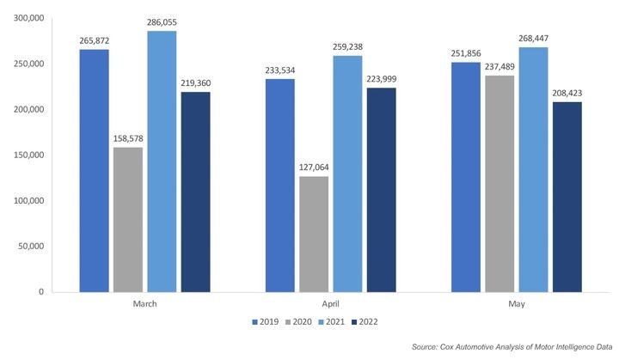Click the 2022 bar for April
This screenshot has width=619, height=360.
tap(381, 189)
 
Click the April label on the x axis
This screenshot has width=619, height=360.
tap(331, 303)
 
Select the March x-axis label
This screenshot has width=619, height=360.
tap(144, 303)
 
